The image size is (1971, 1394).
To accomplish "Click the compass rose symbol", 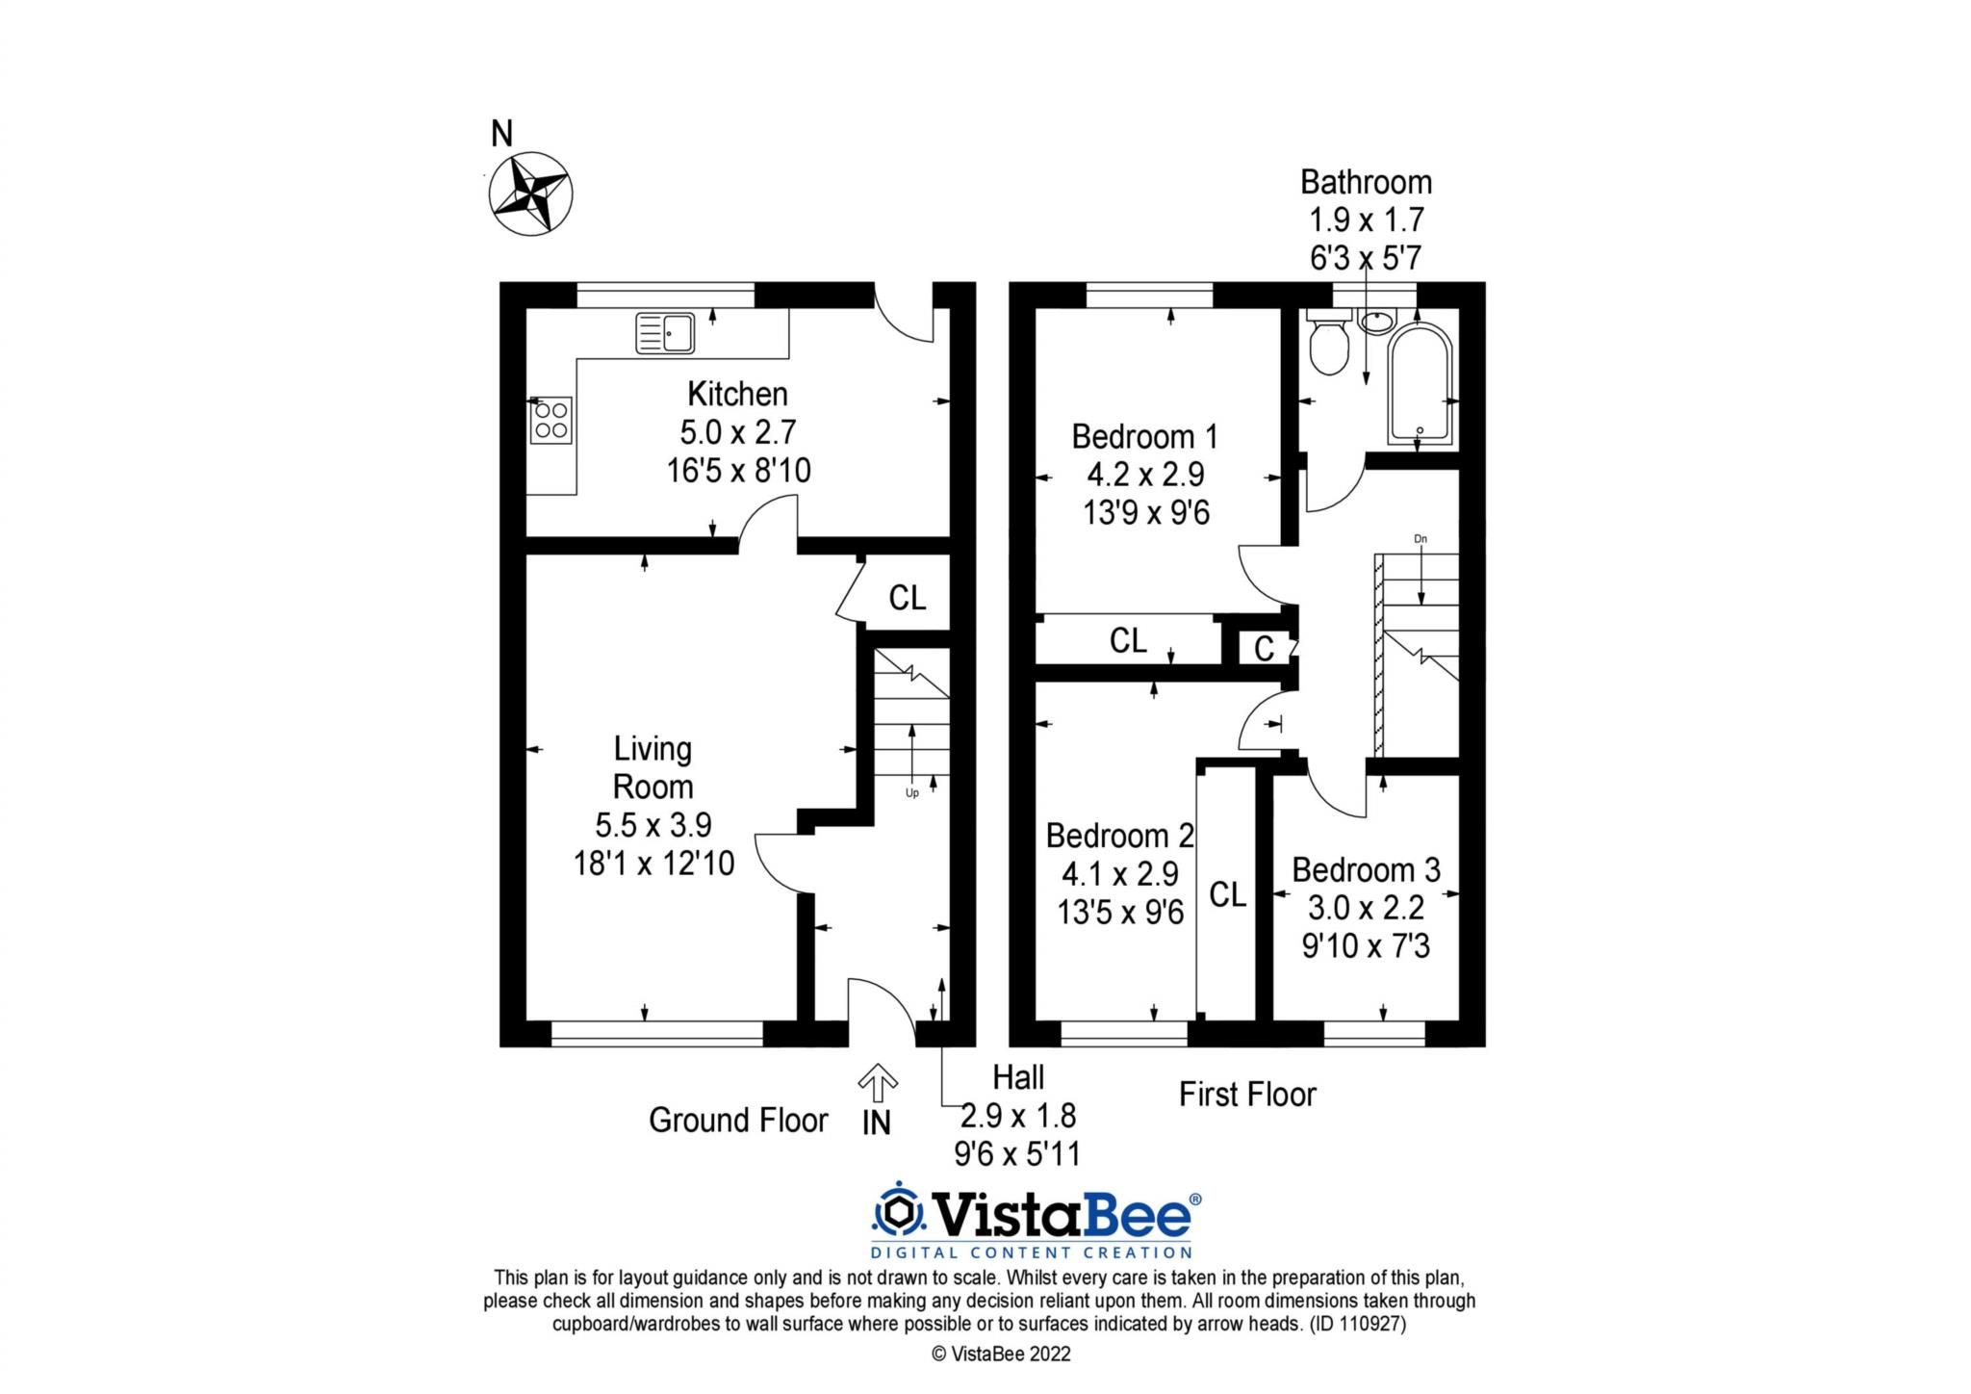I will click(530, 193).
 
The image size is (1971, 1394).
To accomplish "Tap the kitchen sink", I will click(665, 333).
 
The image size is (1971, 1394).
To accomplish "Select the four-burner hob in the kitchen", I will click(550, 421).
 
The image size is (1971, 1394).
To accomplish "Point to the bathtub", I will click(1419, 385).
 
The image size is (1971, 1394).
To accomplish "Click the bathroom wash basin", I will click(1377, 321).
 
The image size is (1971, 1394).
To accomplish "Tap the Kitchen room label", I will click(737, 394).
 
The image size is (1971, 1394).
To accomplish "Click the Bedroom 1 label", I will click(1144, 437).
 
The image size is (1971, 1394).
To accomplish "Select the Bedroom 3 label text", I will click(1366, 870).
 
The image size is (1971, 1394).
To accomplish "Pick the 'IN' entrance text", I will click(876, 1123).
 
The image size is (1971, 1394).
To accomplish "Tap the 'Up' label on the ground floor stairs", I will click(911, 793).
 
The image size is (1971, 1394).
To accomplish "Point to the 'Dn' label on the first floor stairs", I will click(1421, 539).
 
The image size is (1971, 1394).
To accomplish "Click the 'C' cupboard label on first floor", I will click(1264, 650).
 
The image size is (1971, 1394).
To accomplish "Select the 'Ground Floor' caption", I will click(737, 1121).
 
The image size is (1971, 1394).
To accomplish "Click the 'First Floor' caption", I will click(1247, 1095).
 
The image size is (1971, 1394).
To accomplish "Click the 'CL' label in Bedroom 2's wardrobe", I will click(1227, 894).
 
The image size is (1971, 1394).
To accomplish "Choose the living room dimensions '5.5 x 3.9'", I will click(653, 825).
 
